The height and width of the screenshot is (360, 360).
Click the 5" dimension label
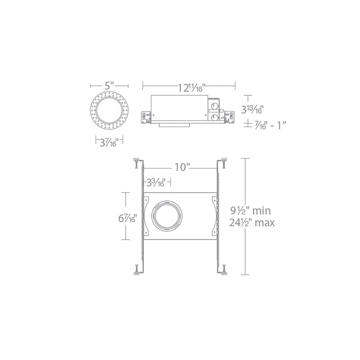tap(109, 86)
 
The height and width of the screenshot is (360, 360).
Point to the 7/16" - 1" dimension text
tap(270, 126)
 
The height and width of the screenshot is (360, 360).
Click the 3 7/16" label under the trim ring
tap(109, 143)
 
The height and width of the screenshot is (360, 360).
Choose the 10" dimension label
tap(182, 167)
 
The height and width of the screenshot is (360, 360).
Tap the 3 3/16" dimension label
tap(156, 183)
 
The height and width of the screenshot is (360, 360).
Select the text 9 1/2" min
tap(251, 211)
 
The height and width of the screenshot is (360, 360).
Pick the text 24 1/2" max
tap(252, 222)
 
